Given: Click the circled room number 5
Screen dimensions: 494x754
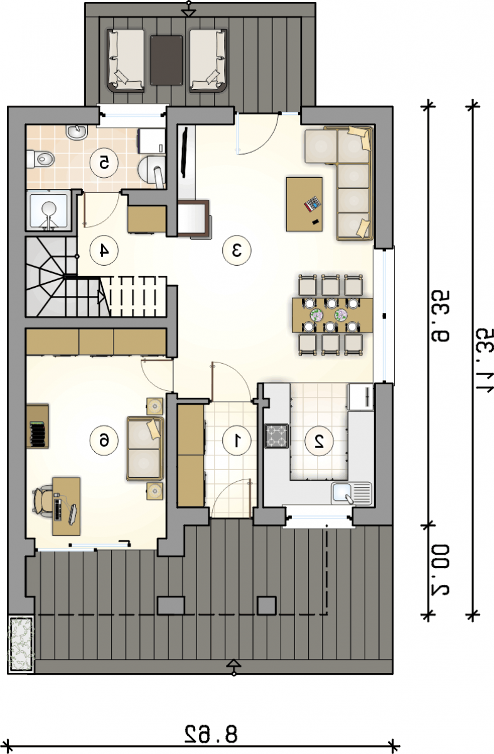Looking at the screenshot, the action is click(x=104, y=163).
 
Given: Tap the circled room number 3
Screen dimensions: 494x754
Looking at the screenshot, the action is click(x=237, y=251).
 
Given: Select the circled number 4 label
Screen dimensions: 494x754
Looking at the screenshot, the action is click(x=104, y=251).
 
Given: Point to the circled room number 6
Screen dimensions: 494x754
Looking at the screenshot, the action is click(x=104, y=440).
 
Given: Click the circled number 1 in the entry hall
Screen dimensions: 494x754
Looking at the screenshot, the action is click(x=237, y=440).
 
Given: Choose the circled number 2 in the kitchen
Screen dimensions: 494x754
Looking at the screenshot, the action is click(x=319, y=440).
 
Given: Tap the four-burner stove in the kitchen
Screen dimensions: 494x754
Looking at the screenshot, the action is click(x=276, y=436).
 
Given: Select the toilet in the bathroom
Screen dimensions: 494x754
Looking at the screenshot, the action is click(x=40, y=159).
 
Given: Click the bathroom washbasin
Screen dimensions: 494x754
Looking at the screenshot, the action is click(x=77, y=132).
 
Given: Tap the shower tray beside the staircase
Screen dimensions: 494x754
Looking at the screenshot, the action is click(x=49, y=210).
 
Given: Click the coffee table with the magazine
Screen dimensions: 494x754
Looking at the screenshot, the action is click(x=304, y=204).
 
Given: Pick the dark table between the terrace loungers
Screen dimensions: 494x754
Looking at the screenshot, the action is click(x=166, y=60).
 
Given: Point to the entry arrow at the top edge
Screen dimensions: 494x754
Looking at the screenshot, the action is click(x=189, y=9).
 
